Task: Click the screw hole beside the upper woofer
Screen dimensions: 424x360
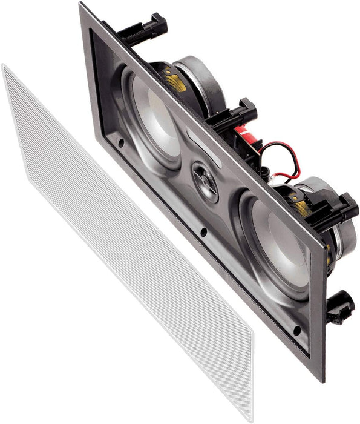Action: pos(121,143)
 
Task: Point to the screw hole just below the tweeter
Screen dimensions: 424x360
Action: pos(204,231)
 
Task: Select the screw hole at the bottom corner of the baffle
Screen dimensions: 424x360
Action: pos(296,330)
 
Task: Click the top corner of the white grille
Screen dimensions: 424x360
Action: pos(5,67)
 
